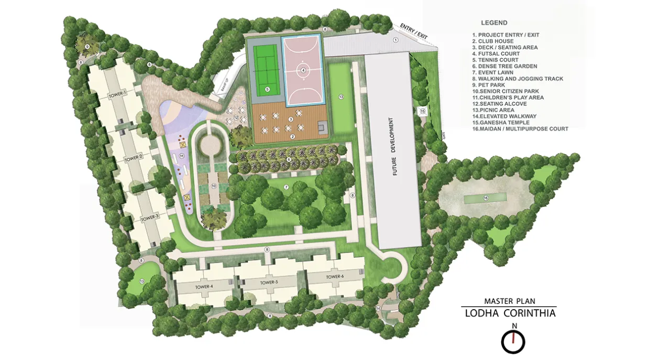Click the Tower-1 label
(x=117, y=94)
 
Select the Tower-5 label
(x=269, y=282)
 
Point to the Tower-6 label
(x=335, y=277)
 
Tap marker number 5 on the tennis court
(x=267, y=90)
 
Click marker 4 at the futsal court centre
(x=303, y=70)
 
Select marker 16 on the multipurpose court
(x=486, y=198)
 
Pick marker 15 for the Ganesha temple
(x=422, y=111)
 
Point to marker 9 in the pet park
(x=87, y=47)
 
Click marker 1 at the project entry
(x=396, y=40)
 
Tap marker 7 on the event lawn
(x=287, y=187)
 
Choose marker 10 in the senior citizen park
(x=214, y=186)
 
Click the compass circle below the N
(x=513, y=343)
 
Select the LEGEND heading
(x=494, y=23)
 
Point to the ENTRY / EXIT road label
(x=414, y=30)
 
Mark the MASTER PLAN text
(x=510, y=301)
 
